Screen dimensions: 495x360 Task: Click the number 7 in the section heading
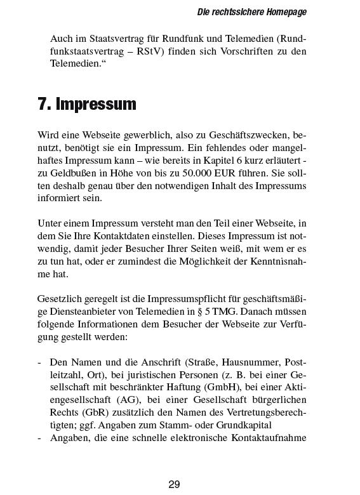44,104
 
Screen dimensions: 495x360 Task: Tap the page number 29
175,484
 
